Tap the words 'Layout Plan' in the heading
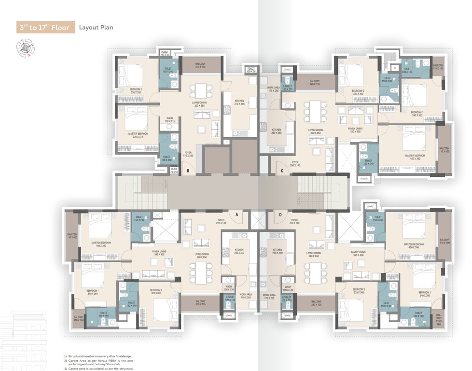[x=96, y=28]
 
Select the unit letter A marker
[x=237, y=214]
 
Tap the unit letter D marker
[x=280, y=214]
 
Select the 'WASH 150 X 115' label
[x=169, y=119]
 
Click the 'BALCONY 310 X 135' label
[x=200, y=65]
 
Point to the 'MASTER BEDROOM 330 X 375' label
[x=138, y=135]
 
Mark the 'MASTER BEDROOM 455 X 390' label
[x=414, y=157]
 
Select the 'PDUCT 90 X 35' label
[x=165, y=53]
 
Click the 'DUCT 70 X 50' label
[x=174, y=170]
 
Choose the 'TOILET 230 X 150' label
[x=408, y=70]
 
